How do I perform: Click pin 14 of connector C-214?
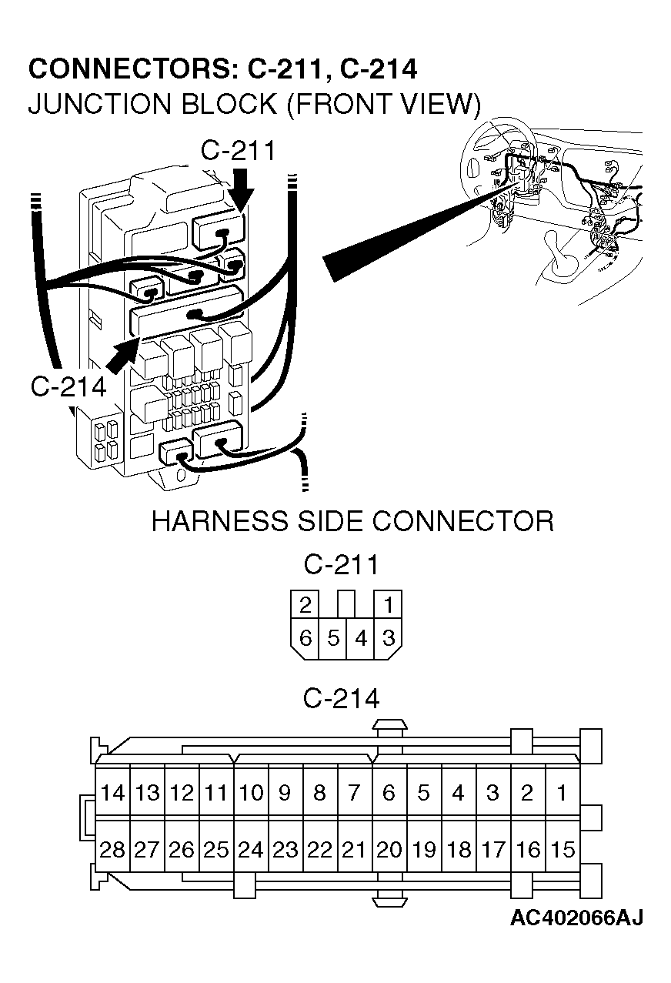point(112,793)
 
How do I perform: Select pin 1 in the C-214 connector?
point(563,793)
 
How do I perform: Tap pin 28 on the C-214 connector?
point(112,850)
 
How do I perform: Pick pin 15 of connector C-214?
point(563,850)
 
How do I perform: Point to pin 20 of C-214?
point(389,850)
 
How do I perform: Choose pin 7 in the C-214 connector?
point(354,793)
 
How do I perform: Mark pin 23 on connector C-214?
point(285,850)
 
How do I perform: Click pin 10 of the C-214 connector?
point(251,793)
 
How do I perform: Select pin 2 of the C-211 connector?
point(305,605)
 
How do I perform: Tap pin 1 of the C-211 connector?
point(388,605)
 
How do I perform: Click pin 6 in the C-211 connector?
point(305,639)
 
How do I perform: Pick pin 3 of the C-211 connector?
point(388,639)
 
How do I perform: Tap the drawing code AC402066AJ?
point(576,918)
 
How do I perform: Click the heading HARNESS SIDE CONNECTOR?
point(352,521)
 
